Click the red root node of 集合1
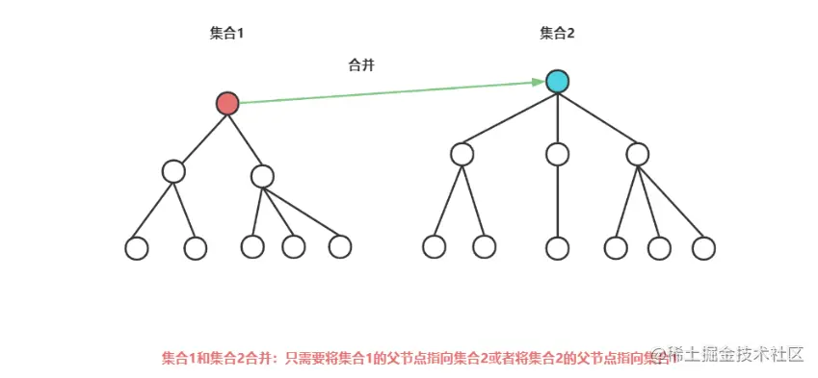(x=227, y=103)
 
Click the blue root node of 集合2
(x=557, y=82)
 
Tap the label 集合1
(x=226, y=34)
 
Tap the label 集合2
(x=557, y=34)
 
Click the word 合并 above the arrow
(x=361, y=65)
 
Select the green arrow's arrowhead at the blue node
(x=540, y=83)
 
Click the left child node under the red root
(x=173, y=171)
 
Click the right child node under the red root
(x=262, y=176)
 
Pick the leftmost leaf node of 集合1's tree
(x=137, y=247)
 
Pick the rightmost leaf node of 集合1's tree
(x=340, y=246)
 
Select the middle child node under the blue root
(x=557, y=153)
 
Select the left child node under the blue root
(x=462, y=153)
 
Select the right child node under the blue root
(x=637, y=153)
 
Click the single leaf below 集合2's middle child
(x=557, y=247)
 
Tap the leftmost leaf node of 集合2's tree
(x=435, y=246)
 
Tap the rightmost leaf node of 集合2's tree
(x=703, y=247)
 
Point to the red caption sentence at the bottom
(x=405, y=356)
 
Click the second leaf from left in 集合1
(x=195, y=248)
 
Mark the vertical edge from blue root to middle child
(x=557, y=117)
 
